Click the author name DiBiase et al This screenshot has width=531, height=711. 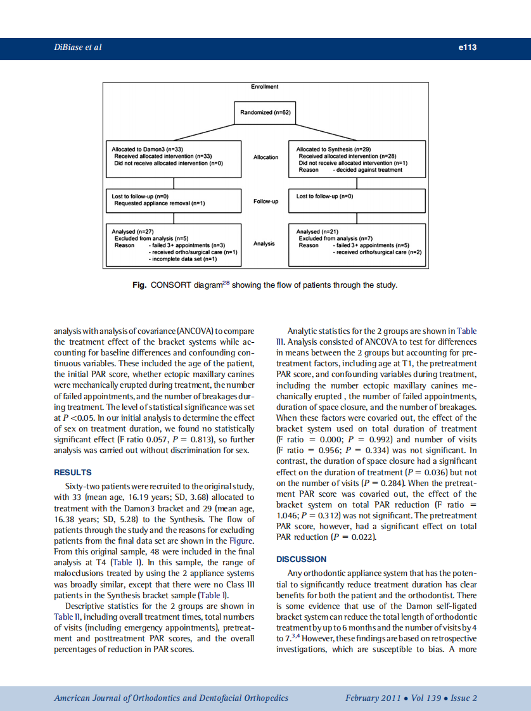coord(78,48)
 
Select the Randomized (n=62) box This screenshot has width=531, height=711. coord(265,112)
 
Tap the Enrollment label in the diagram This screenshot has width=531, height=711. coord(265,86)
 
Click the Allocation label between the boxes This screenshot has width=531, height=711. coord(265,157)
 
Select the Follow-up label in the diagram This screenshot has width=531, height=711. coord(265,202)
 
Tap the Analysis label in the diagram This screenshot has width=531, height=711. coord(265,244)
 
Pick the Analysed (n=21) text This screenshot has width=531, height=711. coord(317,233)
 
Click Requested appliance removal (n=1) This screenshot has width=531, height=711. coord(159,203)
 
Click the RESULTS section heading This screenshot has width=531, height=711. coord(73,473)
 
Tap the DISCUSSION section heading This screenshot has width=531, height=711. coord(302,560)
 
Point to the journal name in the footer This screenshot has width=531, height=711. coord(171,698)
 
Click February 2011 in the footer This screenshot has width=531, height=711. coord(373,698)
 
